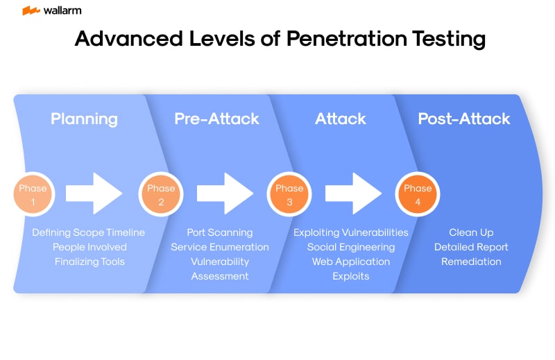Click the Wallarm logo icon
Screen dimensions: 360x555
31,10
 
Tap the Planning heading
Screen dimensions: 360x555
84,119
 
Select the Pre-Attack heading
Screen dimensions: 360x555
216,119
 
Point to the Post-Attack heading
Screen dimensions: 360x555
463,119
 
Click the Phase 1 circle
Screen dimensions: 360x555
33,193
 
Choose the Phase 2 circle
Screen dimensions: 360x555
161,193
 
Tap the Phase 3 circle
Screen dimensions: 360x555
289,193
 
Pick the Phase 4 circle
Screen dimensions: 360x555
417,193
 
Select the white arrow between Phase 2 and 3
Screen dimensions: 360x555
225,193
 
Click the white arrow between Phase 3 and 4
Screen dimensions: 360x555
353,193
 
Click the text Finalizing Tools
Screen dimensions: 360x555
89,262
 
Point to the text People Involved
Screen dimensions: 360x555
89,247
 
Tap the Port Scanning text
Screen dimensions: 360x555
220,232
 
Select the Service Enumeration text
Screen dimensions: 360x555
220,247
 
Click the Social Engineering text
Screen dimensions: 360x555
351,247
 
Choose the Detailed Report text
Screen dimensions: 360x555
471,247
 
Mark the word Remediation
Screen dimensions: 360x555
471,262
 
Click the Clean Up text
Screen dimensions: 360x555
471,232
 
